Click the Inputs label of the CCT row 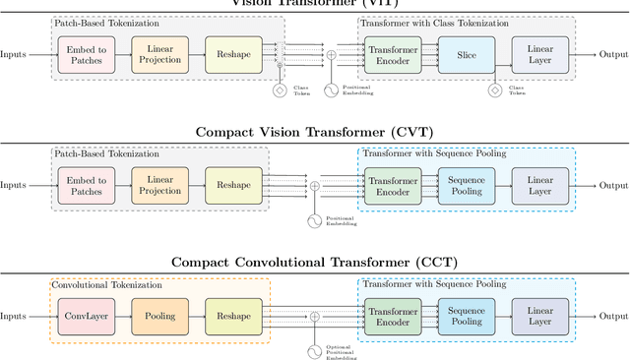click(14, 316)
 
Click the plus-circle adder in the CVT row click(315, 185)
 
